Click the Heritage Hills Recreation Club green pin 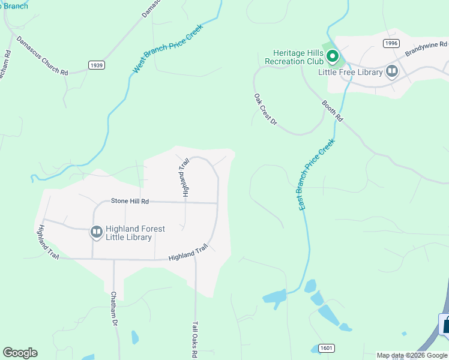[x=333, y=57]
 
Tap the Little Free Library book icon [x=392, y=72]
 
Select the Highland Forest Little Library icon [x=96, y=232]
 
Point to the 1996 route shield [x=391, y=43]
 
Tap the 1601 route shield [x=327, y=348]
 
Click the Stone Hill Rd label [x=129, y=202]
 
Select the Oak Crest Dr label [x=265, y=109]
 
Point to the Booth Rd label [x=332, y=111]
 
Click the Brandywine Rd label [x=426, y=48]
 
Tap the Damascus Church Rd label [x=42, y=55]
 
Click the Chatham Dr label [x=113, y=309]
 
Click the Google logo [x=20, y=353]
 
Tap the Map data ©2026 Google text [x=412, y=355]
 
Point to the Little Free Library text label [x=351, y=72]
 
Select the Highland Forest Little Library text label [x=135, y=233]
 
